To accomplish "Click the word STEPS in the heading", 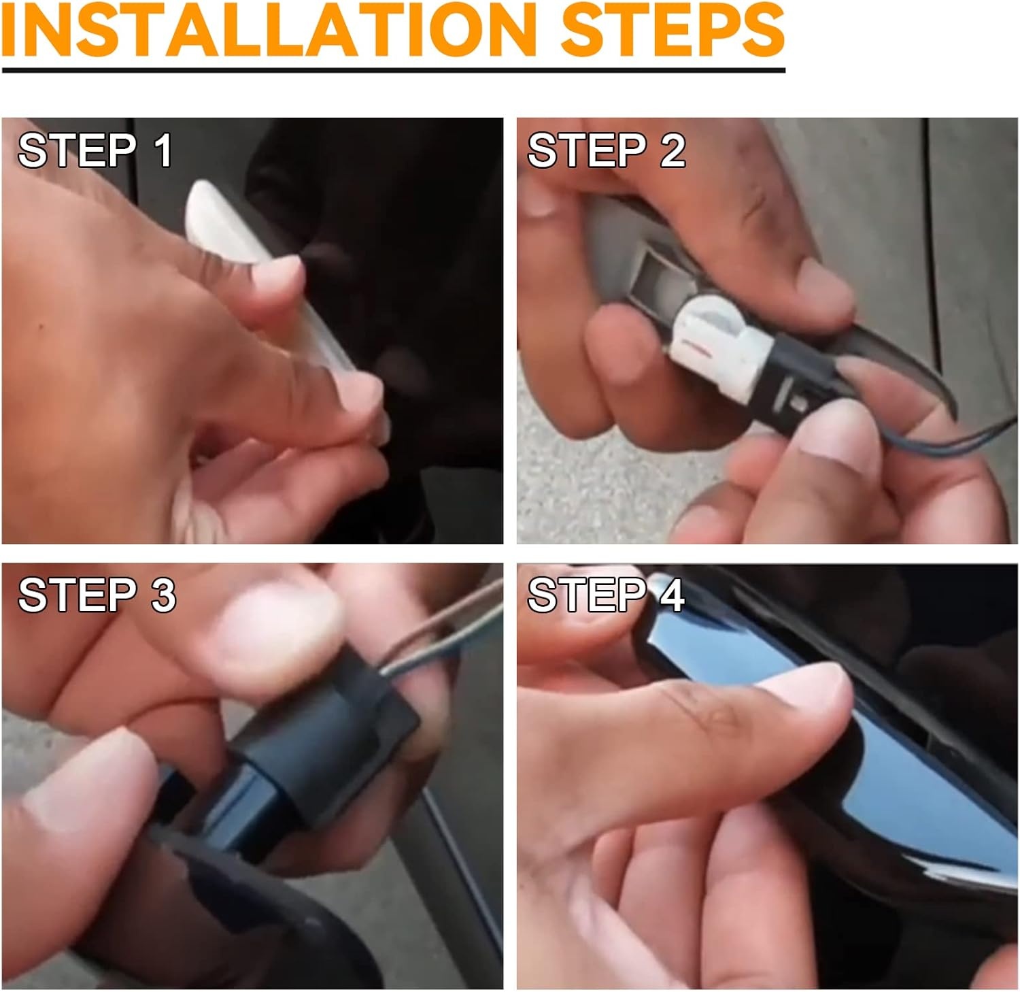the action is pyautogui.click(x=674, y=31).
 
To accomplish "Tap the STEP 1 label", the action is pyautogui.click(x=95, y=150).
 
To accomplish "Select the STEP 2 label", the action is pyautogui.click(x=606, y=150).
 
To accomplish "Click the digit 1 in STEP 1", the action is pyautogui.click(x=163, y=150).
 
